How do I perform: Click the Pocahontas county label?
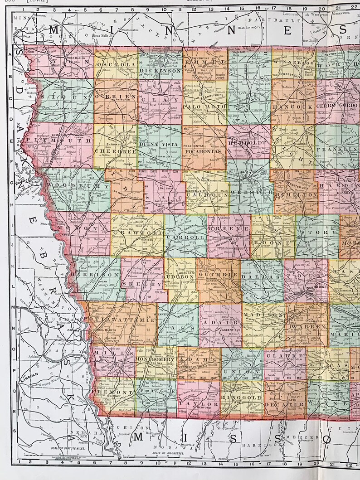tap(203, 151)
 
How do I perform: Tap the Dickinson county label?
tap(160, 71)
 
